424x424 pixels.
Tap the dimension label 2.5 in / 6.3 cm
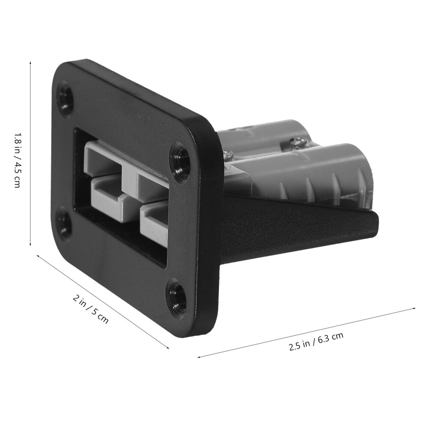(316, 341)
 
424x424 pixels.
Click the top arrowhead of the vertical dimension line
(30, 63)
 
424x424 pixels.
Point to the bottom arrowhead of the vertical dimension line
(30, 244)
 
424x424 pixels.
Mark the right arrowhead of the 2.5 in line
(413, 308)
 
